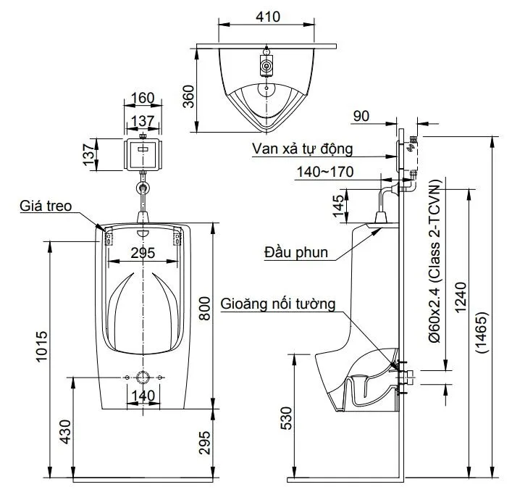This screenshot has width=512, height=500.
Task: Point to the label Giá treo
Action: coord(45,206)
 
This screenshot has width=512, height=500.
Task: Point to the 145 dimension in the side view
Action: coord(338,206)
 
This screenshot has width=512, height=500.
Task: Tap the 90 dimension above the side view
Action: coord(362,115)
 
